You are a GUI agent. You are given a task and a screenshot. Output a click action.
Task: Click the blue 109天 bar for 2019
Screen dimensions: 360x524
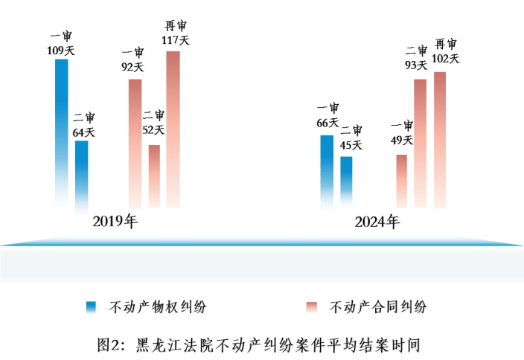coord(62,130)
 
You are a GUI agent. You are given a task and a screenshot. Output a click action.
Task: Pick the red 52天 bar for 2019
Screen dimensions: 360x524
coord(154,175)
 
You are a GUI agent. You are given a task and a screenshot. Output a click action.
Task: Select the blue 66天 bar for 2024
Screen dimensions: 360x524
coord(327,170)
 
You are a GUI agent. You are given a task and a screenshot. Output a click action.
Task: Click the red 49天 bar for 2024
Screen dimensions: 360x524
coord(402,180)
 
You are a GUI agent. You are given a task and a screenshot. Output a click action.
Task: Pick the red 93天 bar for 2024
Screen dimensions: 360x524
coord(420,141)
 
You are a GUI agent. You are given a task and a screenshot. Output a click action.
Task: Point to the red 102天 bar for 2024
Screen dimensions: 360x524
coord(440,138)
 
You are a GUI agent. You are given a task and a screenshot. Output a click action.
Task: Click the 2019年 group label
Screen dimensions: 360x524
coord(115,222)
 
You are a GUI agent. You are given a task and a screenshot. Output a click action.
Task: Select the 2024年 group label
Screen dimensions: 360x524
coord(377,222)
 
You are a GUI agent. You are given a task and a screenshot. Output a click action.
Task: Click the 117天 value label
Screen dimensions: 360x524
coord(175,40)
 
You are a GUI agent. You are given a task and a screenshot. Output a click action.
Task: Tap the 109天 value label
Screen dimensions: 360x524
coord(61,51)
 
